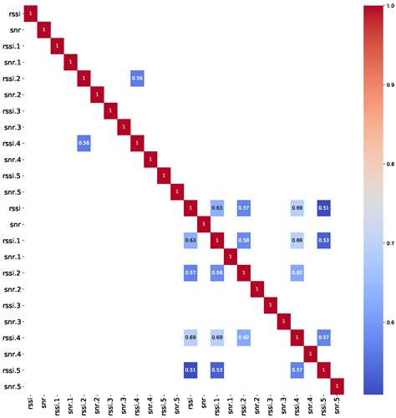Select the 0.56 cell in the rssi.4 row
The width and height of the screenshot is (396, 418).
coord(83,143)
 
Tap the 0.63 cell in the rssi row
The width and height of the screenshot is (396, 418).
coord(216,207)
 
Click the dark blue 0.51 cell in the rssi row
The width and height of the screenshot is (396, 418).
coord(322,207)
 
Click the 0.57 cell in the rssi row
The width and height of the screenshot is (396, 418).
coord(243,207)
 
